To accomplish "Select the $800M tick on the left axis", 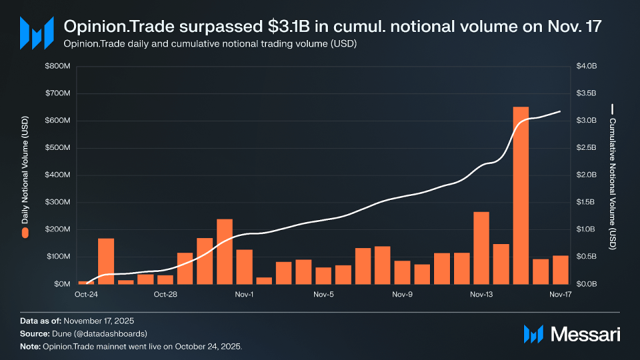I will coord(57,66).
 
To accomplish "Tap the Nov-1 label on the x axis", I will coord(244,294).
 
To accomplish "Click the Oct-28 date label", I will coord(165,294).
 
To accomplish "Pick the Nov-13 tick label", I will coord(481,294).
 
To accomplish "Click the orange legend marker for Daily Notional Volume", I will coord(25,233).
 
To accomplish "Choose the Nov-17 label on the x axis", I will coord(560,294).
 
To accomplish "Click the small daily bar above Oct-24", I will coord(83,283).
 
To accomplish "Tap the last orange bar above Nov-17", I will coord(560,269).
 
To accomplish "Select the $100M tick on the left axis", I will coord(57,257).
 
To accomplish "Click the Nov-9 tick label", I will coord(402,294).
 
